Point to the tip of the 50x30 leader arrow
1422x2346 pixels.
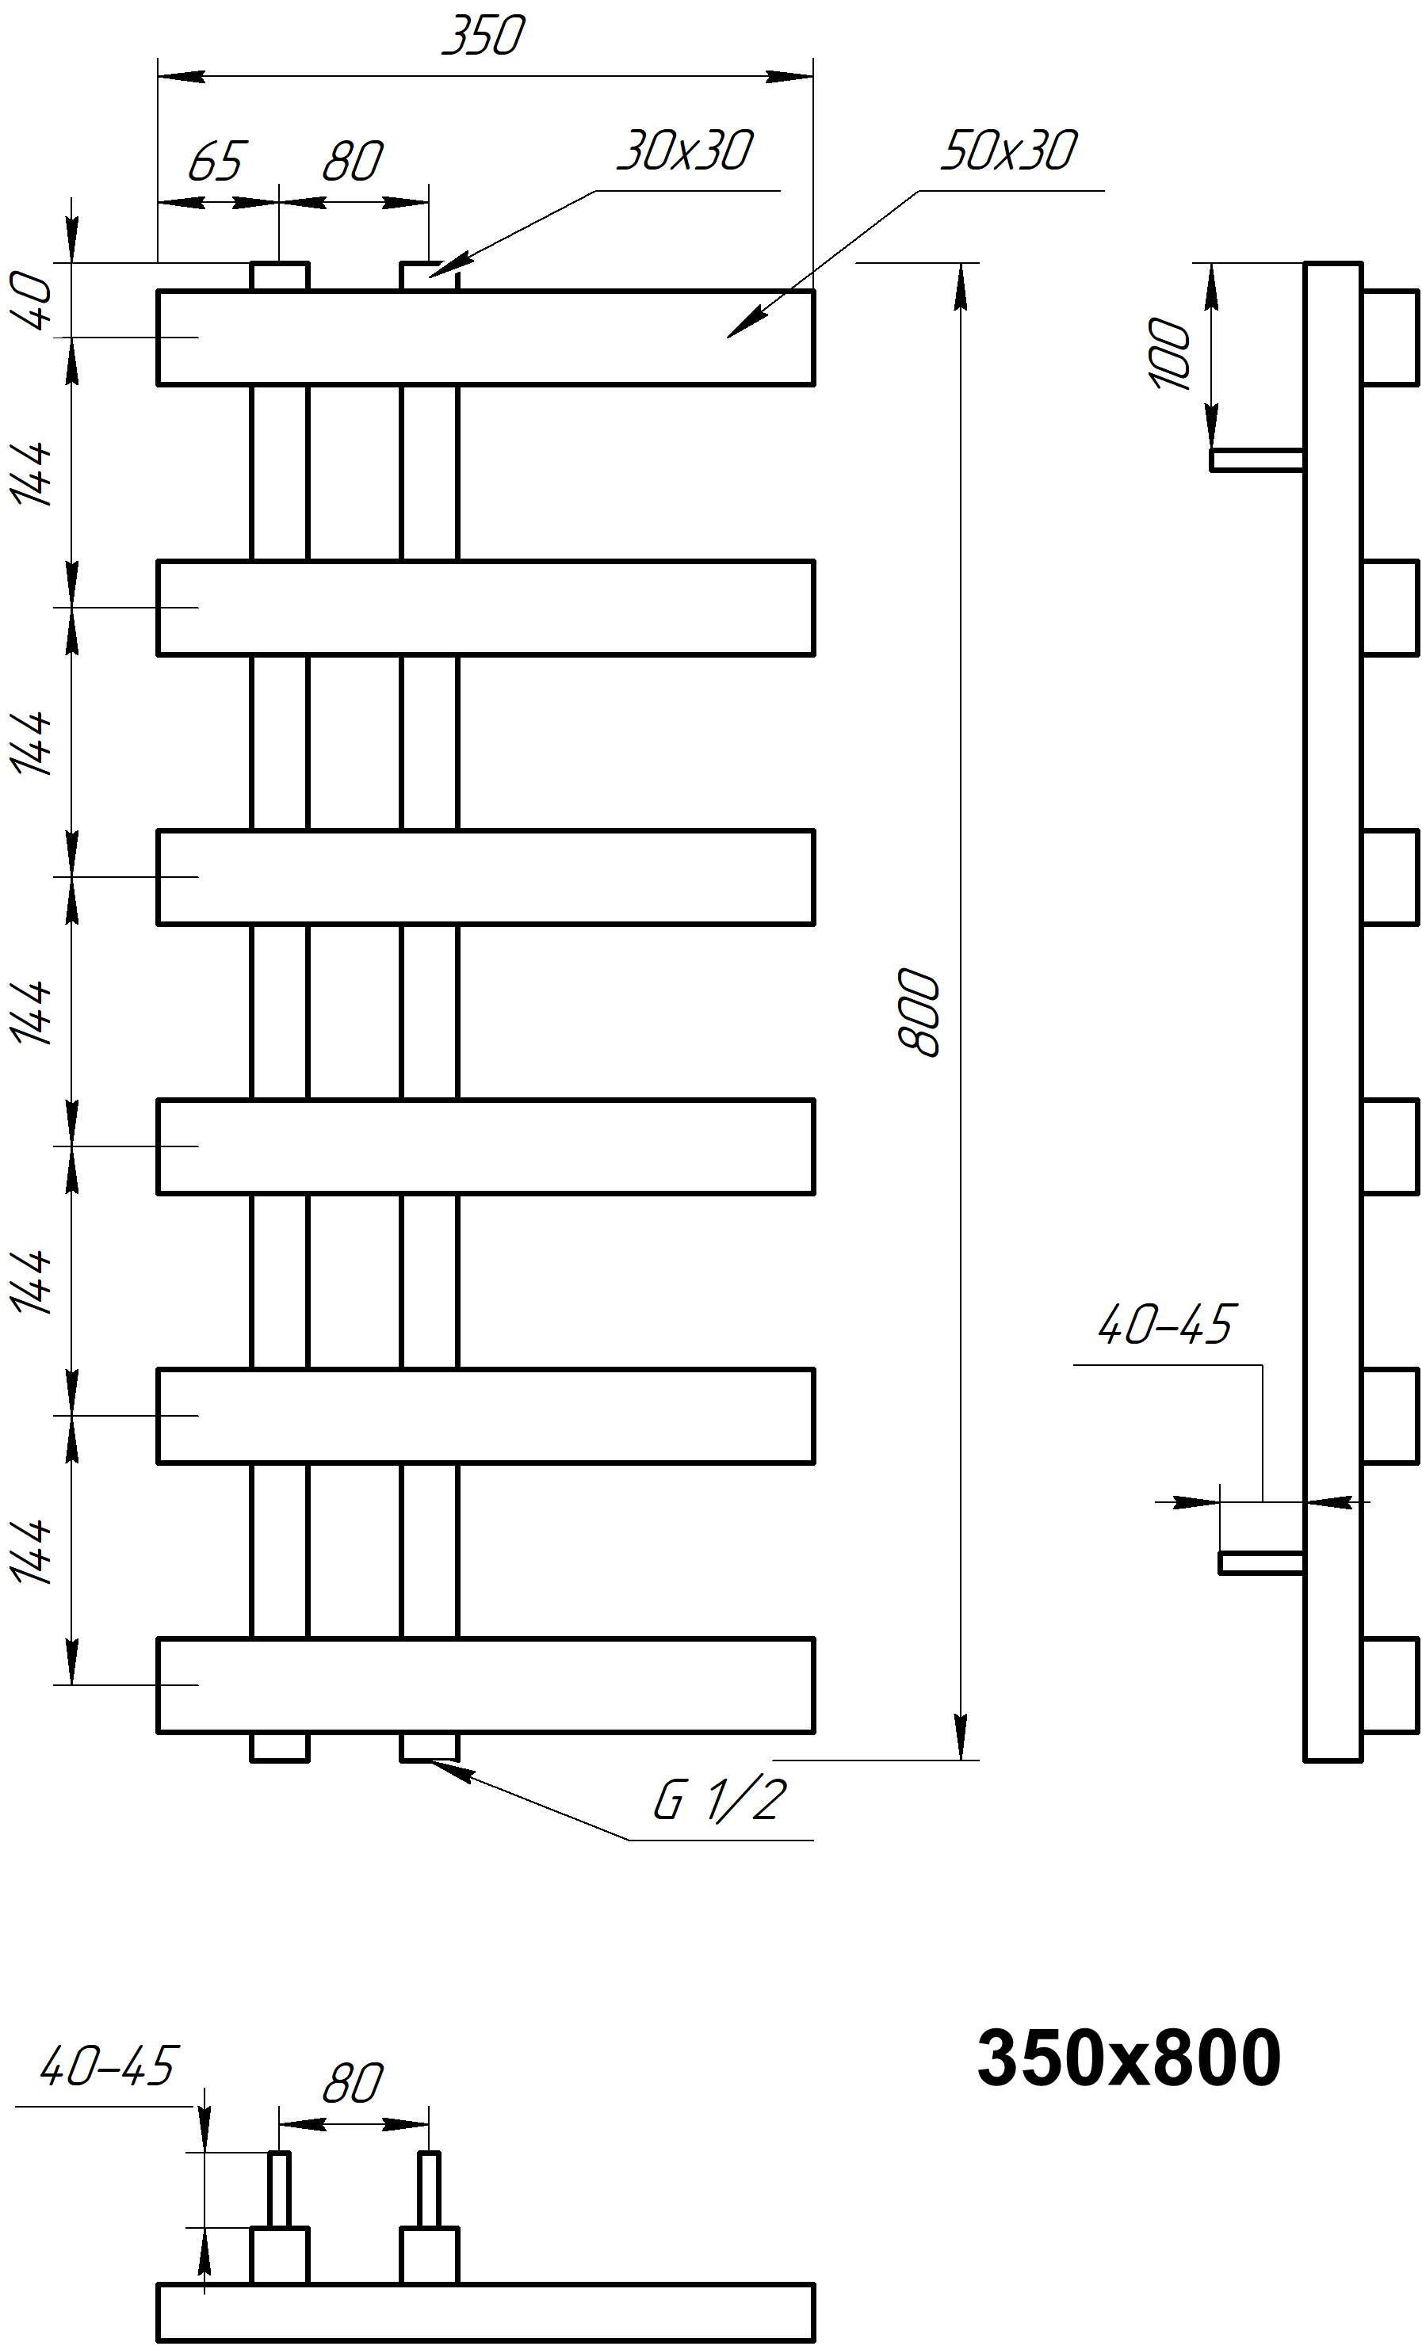(728, 337)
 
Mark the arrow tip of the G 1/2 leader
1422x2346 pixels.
(430, 1761)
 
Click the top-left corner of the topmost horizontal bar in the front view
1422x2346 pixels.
(158, 292)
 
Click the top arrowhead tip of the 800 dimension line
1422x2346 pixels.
(961, 263)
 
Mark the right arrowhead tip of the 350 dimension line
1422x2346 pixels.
(812, 76)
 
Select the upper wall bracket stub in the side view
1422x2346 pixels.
(1257, 460)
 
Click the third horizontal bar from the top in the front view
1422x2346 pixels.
(486, 877)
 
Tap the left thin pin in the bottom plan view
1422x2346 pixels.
(279, 2189)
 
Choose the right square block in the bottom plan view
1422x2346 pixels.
(430, 2256)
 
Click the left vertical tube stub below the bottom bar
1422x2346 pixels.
(280, 1746)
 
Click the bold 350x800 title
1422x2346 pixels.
(1129, 2058)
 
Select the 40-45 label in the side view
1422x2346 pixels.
(1166, 1325)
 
